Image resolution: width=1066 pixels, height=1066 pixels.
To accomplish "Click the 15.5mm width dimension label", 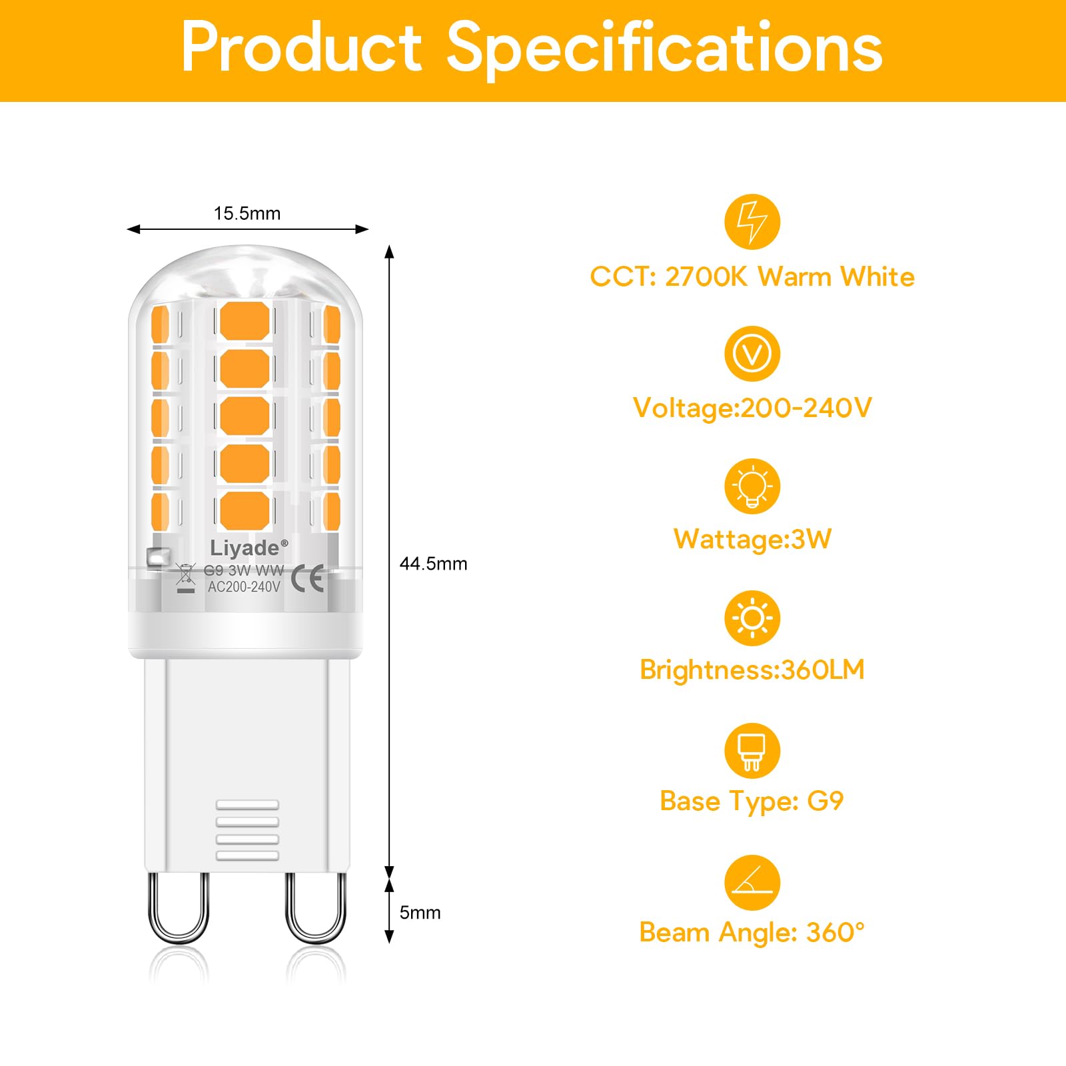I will click(247, 214).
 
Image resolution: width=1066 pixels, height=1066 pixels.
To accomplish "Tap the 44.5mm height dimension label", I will click(433, 564).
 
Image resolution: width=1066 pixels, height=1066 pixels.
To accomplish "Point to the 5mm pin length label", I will click(420, 913).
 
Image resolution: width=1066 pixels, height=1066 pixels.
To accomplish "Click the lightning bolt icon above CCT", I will click(752, 222).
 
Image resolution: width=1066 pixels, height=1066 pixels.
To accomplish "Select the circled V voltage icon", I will click(752, 354).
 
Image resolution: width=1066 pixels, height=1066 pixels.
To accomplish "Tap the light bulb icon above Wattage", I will click(752, 486).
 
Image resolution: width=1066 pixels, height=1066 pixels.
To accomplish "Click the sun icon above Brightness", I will click(752, 618).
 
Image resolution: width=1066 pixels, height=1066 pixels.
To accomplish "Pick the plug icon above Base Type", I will click(752, 751).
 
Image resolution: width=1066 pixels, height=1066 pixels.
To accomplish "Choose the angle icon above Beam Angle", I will click(752, 883).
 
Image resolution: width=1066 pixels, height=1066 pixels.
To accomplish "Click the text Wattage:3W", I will click(752, 539).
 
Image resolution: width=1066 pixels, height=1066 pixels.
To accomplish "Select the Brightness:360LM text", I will click(752, 670).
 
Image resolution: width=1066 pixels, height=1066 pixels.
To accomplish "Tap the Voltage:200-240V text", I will click(752, 408).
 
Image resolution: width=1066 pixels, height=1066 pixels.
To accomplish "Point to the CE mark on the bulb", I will click(308, 578).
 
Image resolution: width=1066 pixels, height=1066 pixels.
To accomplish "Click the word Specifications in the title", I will click(664, 48).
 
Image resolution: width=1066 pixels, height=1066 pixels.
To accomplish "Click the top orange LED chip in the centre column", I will click(245, 320).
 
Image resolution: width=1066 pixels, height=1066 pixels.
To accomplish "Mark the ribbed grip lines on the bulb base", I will click(247, 830).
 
